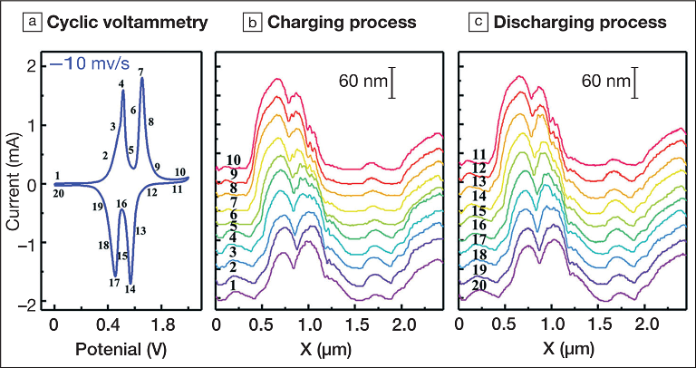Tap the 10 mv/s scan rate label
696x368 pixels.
[x=99, y=66]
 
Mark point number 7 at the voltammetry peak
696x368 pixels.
[x=141, y=71]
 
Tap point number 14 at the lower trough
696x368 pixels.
[x=131, y=290]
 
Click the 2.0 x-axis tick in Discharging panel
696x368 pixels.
[x=645, y=324]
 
